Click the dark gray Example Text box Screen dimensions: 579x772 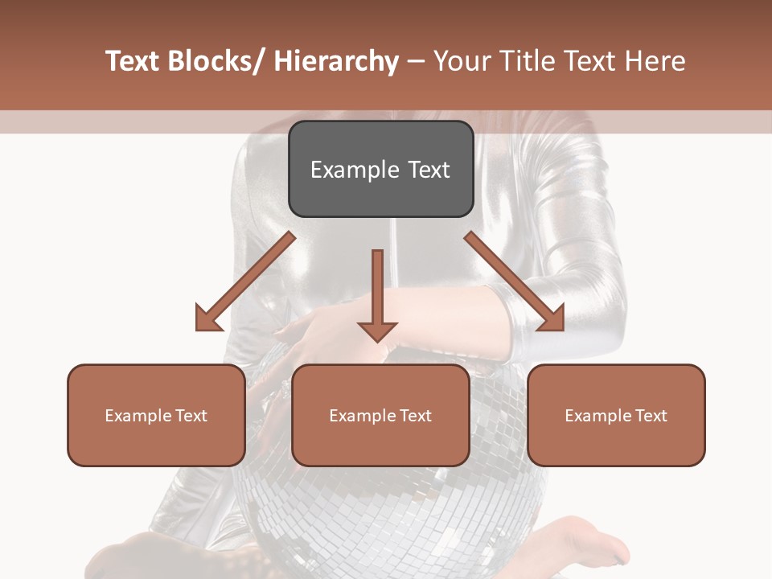click(x=380, y=169)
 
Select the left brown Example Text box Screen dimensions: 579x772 click(x=156, y=415)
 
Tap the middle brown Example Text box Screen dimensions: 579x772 click(x=380, y=415)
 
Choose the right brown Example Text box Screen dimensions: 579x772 click(x=616, y=415)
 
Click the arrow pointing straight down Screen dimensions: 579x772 click(x=377, y=294)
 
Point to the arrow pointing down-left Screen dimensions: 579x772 click(x=245, y=282)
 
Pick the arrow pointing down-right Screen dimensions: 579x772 click(x=515, y=281)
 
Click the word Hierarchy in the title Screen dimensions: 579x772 click(x=336, y=61)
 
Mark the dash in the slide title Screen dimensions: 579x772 click(x=416, y=61)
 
